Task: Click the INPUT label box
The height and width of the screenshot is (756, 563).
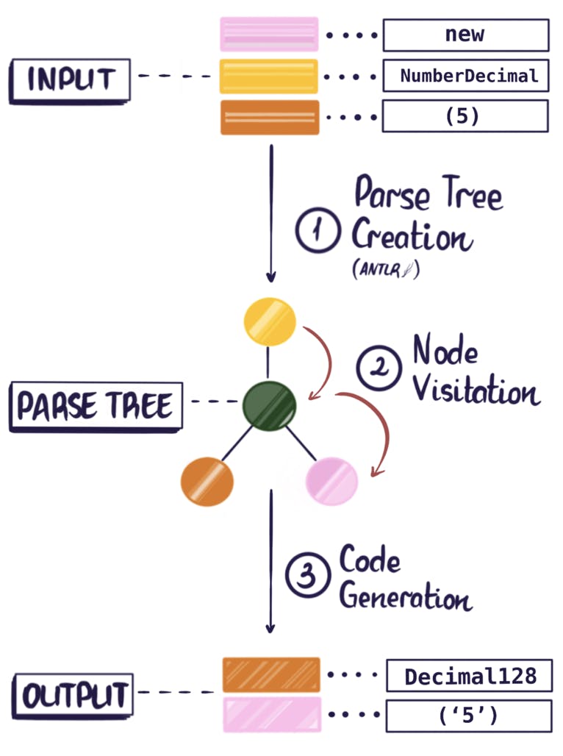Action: point(70,79)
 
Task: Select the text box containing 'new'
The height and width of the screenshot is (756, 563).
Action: point(465,35)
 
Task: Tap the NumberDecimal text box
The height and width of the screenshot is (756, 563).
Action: point(465,75)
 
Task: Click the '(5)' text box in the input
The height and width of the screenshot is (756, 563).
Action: point(465,115)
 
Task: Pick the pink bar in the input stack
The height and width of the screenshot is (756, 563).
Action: point(269,35)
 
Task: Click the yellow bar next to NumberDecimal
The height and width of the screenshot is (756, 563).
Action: point(269,76)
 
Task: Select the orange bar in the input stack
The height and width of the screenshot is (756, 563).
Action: point(269,117)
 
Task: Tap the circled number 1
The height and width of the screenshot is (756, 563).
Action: point(318,231)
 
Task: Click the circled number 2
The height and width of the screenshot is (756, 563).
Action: point(378,368)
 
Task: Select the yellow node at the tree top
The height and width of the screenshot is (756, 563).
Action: point(270,321)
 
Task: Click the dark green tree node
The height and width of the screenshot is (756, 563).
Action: point(270,404)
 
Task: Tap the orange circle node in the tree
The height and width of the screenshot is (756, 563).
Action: point(207,482)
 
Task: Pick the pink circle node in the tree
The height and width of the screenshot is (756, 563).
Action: point(331,481)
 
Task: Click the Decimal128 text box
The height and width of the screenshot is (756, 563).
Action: point(469,676)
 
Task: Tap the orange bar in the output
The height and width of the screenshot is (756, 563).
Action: point(271,675)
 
